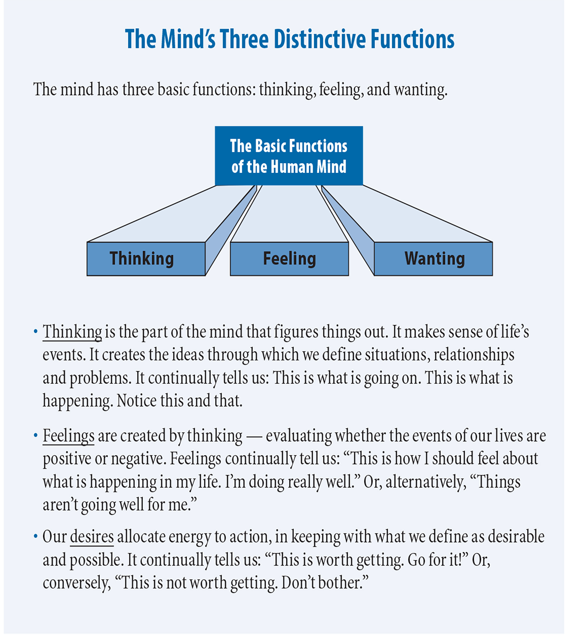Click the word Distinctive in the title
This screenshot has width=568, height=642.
(319, 39)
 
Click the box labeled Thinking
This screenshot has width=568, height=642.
(146, 259)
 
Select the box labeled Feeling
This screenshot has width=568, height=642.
(289, 259)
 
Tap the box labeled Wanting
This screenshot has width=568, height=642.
(433, 259)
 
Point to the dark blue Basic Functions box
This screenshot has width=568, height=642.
(289, 156)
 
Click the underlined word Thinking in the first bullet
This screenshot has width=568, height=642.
(72, 332)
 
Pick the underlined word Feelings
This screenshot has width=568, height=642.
(68, 436)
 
